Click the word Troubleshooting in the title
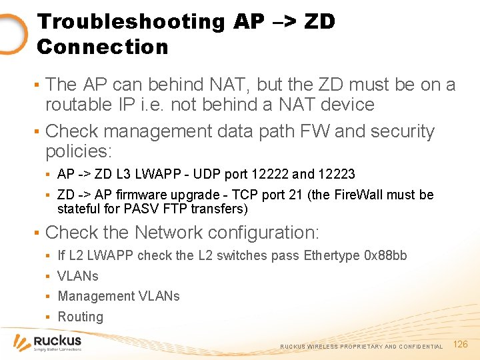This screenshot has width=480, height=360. (x=131, y=21)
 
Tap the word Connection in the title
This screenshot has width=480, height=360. (x=103, y=47)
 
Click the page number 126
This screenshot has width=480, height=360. (x=461, y=344)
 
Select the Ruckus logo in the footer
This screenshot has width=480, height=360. (x=48, y=343)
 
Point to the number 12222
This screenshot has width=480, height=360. (x=271, y=174)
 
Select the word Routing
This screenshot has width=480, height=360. (x=80, y=317)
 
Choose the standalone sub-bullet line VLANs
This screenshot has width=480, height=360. (x=78, y=276)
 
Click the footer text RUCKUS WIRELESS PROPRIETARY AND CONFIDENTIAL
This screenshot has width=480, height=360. (x=361, y=347)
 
